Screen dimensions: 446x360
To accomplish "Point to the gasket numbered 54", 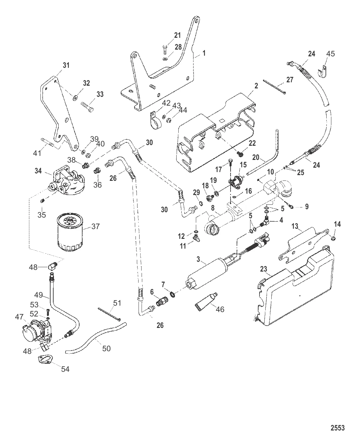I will [x=44, y=360].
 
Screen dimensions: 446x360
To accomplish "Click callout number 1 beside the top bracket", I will [x=204, y=53].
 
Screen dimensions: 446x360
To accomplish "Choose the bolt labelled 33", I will [x=87, y=108].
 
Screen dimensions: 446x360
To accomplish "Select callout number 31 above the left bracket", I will [x=66, y=65].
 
